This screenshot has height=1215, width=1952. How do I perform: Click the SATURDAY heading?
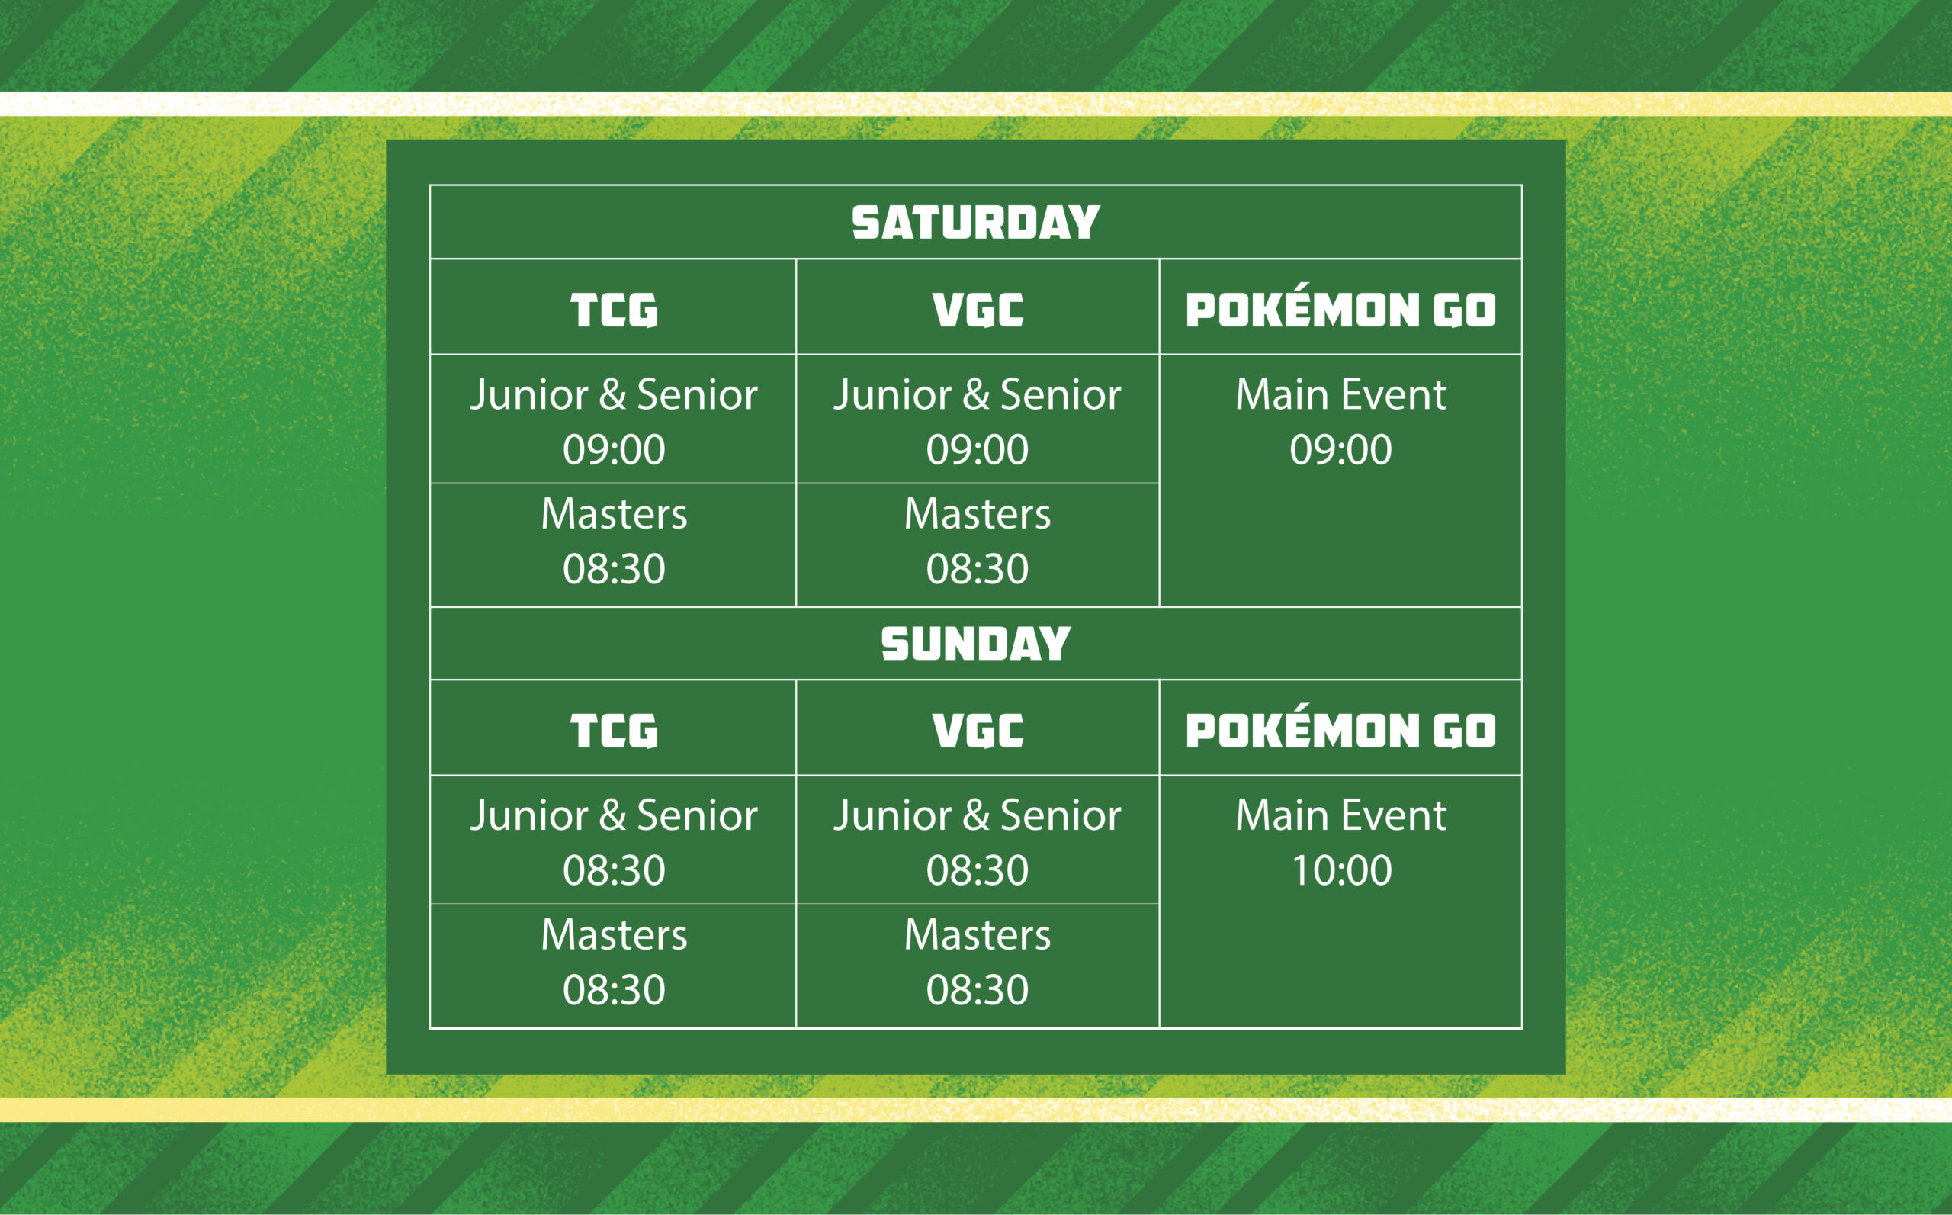click(975, 223)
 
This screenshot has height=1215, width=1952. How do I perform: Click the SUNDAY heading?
click(975, 644)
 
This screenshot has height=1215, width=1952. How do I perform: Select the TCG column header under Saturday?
click(614, 310)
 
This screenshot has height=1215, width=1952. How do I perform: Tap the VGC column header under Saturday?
click(978, 310)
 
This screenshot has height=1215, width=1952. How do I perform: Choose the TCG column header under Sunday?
click(614, 731)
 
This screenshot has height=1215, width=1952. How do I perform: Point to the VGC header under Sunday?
click(978, 731)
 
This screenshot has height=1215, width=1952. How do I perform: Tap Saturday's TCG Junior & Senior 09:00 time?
click(614, 449)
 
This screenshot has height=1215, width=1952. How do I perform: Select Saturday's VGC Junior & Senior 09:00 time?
click(977, 449)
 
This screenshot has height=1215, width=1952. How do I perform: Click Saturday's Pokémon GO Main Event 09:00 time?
click(1340, 449)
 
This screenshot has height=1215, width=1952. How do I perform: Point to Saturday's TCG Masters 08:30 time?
click(614, 569)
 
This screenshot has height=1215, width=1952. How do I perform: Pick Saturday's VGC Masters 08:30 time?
click(977, 569)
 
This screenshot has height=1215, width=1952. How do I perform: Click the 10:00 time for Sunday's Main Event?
click(1341, 870)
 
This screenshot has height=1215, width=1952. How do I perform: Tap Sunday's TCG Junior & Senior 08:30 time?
click(614, 870)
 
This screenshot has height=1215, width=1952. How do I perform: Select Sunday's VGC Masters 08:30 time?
click(977, 989)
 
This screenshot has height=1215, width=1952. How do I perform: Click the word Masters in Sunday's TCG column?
click(614, 934)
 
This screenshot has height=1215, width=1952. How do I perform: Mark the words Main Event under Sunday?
click(1340, 815)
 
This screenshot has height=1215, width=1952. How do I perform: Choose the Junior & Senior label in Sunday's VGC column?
click(977, 815)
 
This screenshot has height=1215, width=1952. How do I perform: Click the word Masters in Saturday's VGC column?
click(977, 513)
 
